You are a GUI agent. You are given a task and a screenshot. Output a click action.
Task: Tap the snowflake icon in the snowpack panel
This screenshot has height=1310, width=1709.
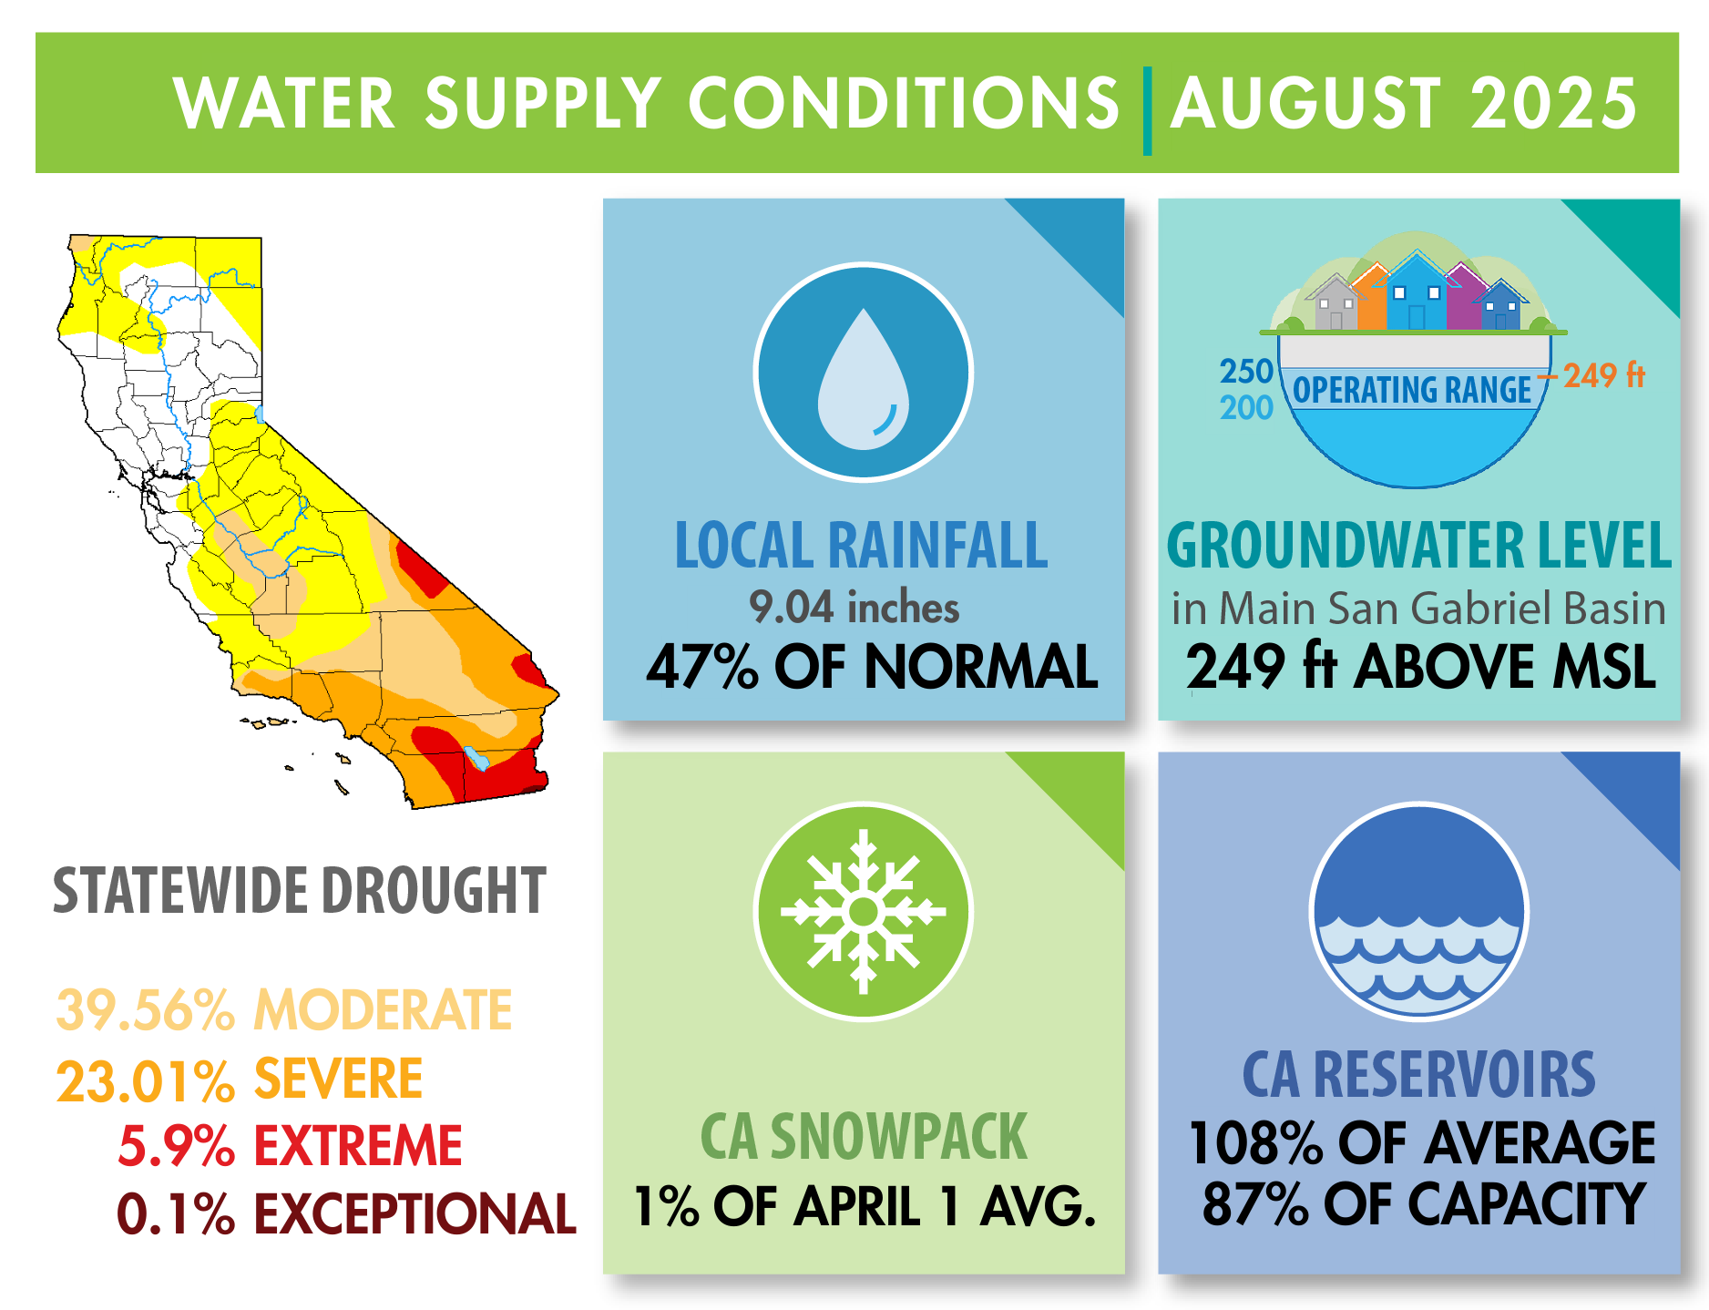click(864, 911)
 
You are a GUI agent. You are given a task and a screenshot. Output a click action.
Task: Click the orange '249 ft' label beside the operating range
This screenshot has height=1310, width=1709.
click(1604, 375)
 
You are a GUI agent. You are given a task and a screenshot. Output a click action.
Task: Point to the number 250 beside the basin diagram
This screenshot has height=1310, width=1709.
click(1246, 372)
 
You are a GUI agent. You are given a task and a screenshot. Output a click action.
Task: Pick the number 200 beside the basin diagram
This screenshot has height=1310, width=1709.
click(1246, 407)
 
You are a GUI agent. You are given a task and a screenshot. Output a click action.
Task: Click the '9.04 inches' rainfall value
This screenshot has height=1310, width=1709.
click(854, 607)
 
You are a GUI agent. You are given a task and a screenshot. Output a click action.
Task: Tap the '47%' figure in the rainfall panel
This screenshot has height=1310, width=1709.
click(701, 666)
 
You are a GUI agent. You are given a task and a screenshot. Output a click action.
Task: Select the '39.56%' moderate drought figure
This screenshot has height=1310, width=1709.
click(146, 1009)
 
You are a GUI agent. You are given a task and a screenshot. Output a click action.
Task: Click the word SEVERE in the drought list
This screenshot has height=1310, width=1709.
click(339, 1079)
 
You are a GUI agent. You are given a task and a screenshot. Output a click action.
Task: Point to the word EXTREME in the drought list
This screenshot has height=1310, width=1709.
click(358, 1145)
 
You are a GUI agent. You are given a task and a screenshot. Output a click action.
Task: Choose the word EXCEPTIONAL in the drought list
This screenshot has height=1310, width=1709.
click(414, 1213)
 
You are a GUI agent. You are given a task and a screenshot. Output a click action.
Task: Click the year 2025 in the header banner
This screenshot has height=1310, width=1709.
click(1554, 103)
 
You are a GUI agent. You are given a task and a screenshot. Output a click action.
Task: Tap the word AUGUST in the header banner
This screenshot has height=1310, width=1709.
click(1305, 103)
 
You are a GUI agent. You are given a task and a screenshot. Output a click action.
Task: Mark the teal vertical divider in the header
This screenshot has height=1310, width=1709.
click(1147, 110)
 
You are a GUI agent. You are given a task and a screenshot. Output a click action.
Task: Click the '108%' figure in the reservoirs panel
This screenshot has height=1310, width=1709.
click(1255, 1142)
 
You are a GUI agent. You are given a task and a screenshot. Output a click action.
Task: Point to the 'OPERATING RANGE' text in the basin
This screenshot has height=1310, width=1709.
click(1412, 390)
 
